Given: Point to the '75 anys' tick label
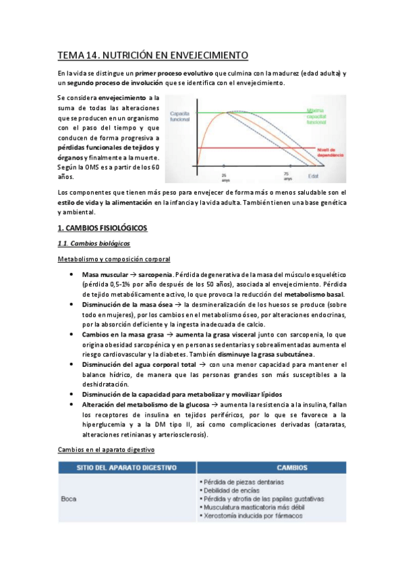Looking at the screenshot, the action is pyautogui.click(x=287, y=177).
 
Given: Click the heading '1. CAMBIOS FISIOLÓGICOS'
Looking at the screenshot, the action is pyautogui.click(x=103, y=228).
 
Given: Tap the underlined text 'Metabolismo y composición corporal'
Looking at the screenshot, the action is pyautogui.click(x=113, y=259).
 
